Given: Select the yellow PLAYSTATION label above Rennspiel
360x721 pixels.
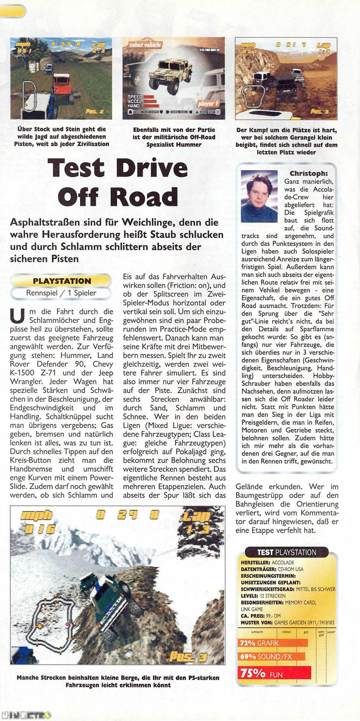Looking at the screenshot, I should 62,281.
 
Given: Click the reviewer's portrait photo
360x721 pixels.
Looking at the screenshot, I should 259,196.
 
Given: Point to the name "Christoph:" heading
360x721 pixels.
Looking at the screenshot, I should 309,173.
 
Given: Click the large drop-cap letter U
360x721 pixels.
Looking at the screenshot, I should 17,316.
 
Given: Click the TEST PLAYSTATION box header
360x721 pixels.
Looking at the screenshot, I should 287,552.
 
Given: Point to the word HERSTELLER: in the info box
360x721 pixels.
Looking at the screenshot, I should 255,562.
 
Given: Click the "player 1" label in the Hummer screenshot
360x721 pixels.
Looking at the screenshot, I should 208,103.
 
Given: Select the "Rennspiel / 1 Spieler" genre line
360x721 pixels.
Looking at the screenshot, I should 61,293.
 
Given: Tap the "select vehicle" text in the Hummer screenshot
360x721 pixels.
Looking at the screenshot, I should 145,44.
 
